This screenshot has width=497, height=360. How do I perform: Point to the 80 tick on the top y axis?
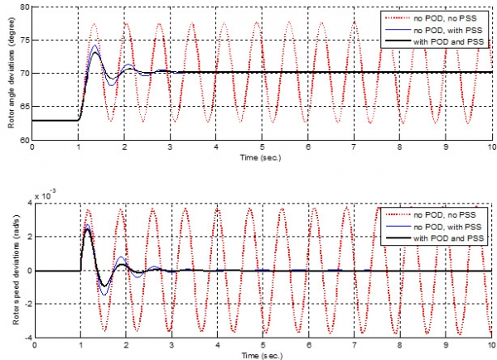click(23, 7)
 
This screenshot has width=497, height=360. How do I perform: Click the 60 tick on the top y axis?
click(23, 141)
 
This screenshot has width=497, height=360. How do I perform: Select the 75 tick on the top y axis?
click(23, 40)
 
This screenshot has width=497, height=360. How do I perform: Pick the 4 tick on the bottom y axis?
click(26, 204)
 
